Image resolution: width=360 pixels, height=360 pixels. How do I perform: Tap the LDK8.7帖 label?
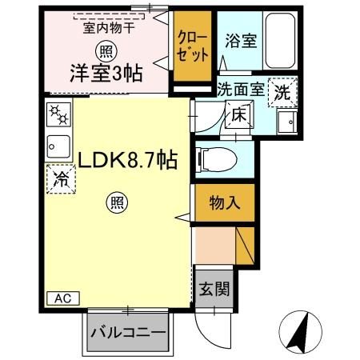pos(127,160)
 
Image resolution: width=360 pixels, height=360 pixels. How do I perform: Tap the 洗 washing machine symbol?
pos(283,91)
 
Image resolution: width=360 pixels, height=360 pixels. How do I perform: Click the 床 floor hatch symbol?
pos(238,115)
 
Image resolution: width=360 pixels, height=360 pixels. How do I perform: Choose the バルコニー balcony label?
pos(127,332)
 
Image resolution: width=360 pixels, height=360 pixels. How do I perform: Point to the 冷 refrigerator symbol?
pos(61,179)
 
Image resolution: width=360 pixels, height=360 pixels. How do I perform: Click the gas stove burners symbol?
pos(59,116)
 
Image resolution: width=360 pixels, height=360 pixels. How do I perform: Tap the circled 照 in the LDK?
pos(117,204)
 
